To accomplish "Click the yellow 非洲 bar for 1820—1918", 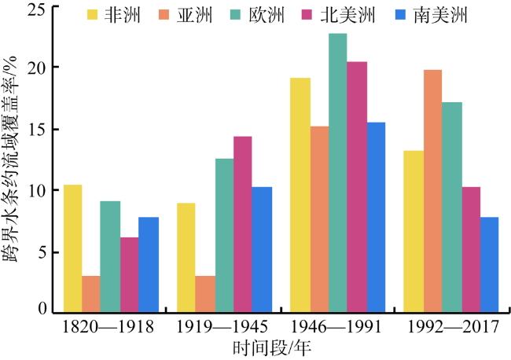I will [x=72, y=249].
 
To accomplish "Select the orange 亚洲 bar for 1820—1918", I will [x=91, y=295].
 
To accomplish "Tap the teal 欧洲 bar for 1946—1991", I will [x=338, y=173].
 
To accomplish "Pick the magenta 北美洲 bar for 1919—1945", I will [x=243, y=225].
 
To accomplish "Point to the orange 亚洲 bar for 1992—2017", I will [x=433, y=192].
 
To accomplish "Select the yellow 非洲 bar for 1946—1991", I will [x=300, y=196].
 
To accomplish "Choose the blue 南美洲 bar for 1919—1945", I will [x=262, y=250].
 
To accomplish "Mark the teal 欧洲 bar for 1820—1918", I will [x=110, y=257].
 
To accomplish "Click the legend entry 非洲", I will [x=127, y=15].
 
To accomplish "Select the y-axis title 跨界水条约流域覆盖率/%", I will [x=12, y=161].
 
